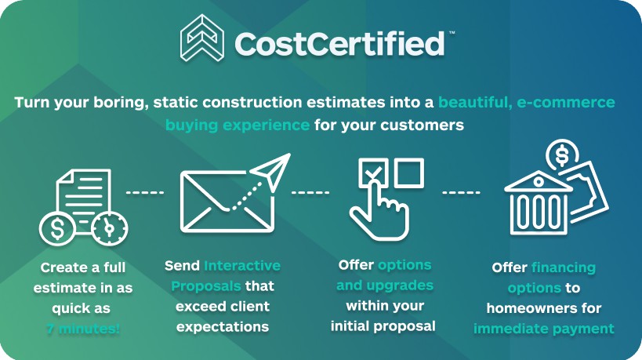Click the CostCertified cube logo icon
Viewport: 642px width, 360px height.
point(202,38)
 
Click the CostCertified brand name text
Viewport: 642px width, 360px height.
point(339,43)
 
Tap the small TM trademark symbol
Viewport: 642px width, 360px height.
point(452,32)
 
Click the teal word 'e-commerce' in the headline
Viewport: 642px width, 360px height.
point(566,102)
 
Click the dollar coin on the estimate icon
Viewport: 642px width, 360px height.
point(57,228)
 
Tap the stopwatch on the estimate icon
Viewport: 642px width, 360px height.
point(110,227)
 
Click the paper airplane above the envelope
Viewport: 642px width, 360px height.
point(270,173)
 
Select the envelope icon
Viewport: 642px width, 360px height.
point(227,202)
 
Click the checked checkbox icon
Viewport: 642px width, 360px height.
point(373,173)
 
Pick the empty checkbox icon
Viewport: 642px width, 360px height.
point(409,173)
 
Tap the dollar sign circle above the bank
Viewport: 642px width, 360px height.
point(562,155)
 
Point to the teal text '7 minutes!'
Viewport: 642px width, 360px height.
point(83,329)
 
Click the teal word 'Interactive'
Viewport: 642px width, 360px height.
point(242,266)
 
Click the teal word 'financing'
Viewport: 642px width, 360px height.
point(564,267)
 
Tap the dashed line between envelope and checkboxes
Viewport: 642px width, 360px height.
point(310,192)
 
